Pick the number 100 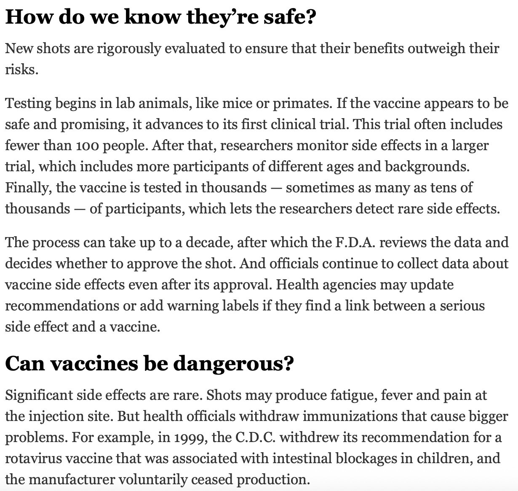click(x=87, y=146)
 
